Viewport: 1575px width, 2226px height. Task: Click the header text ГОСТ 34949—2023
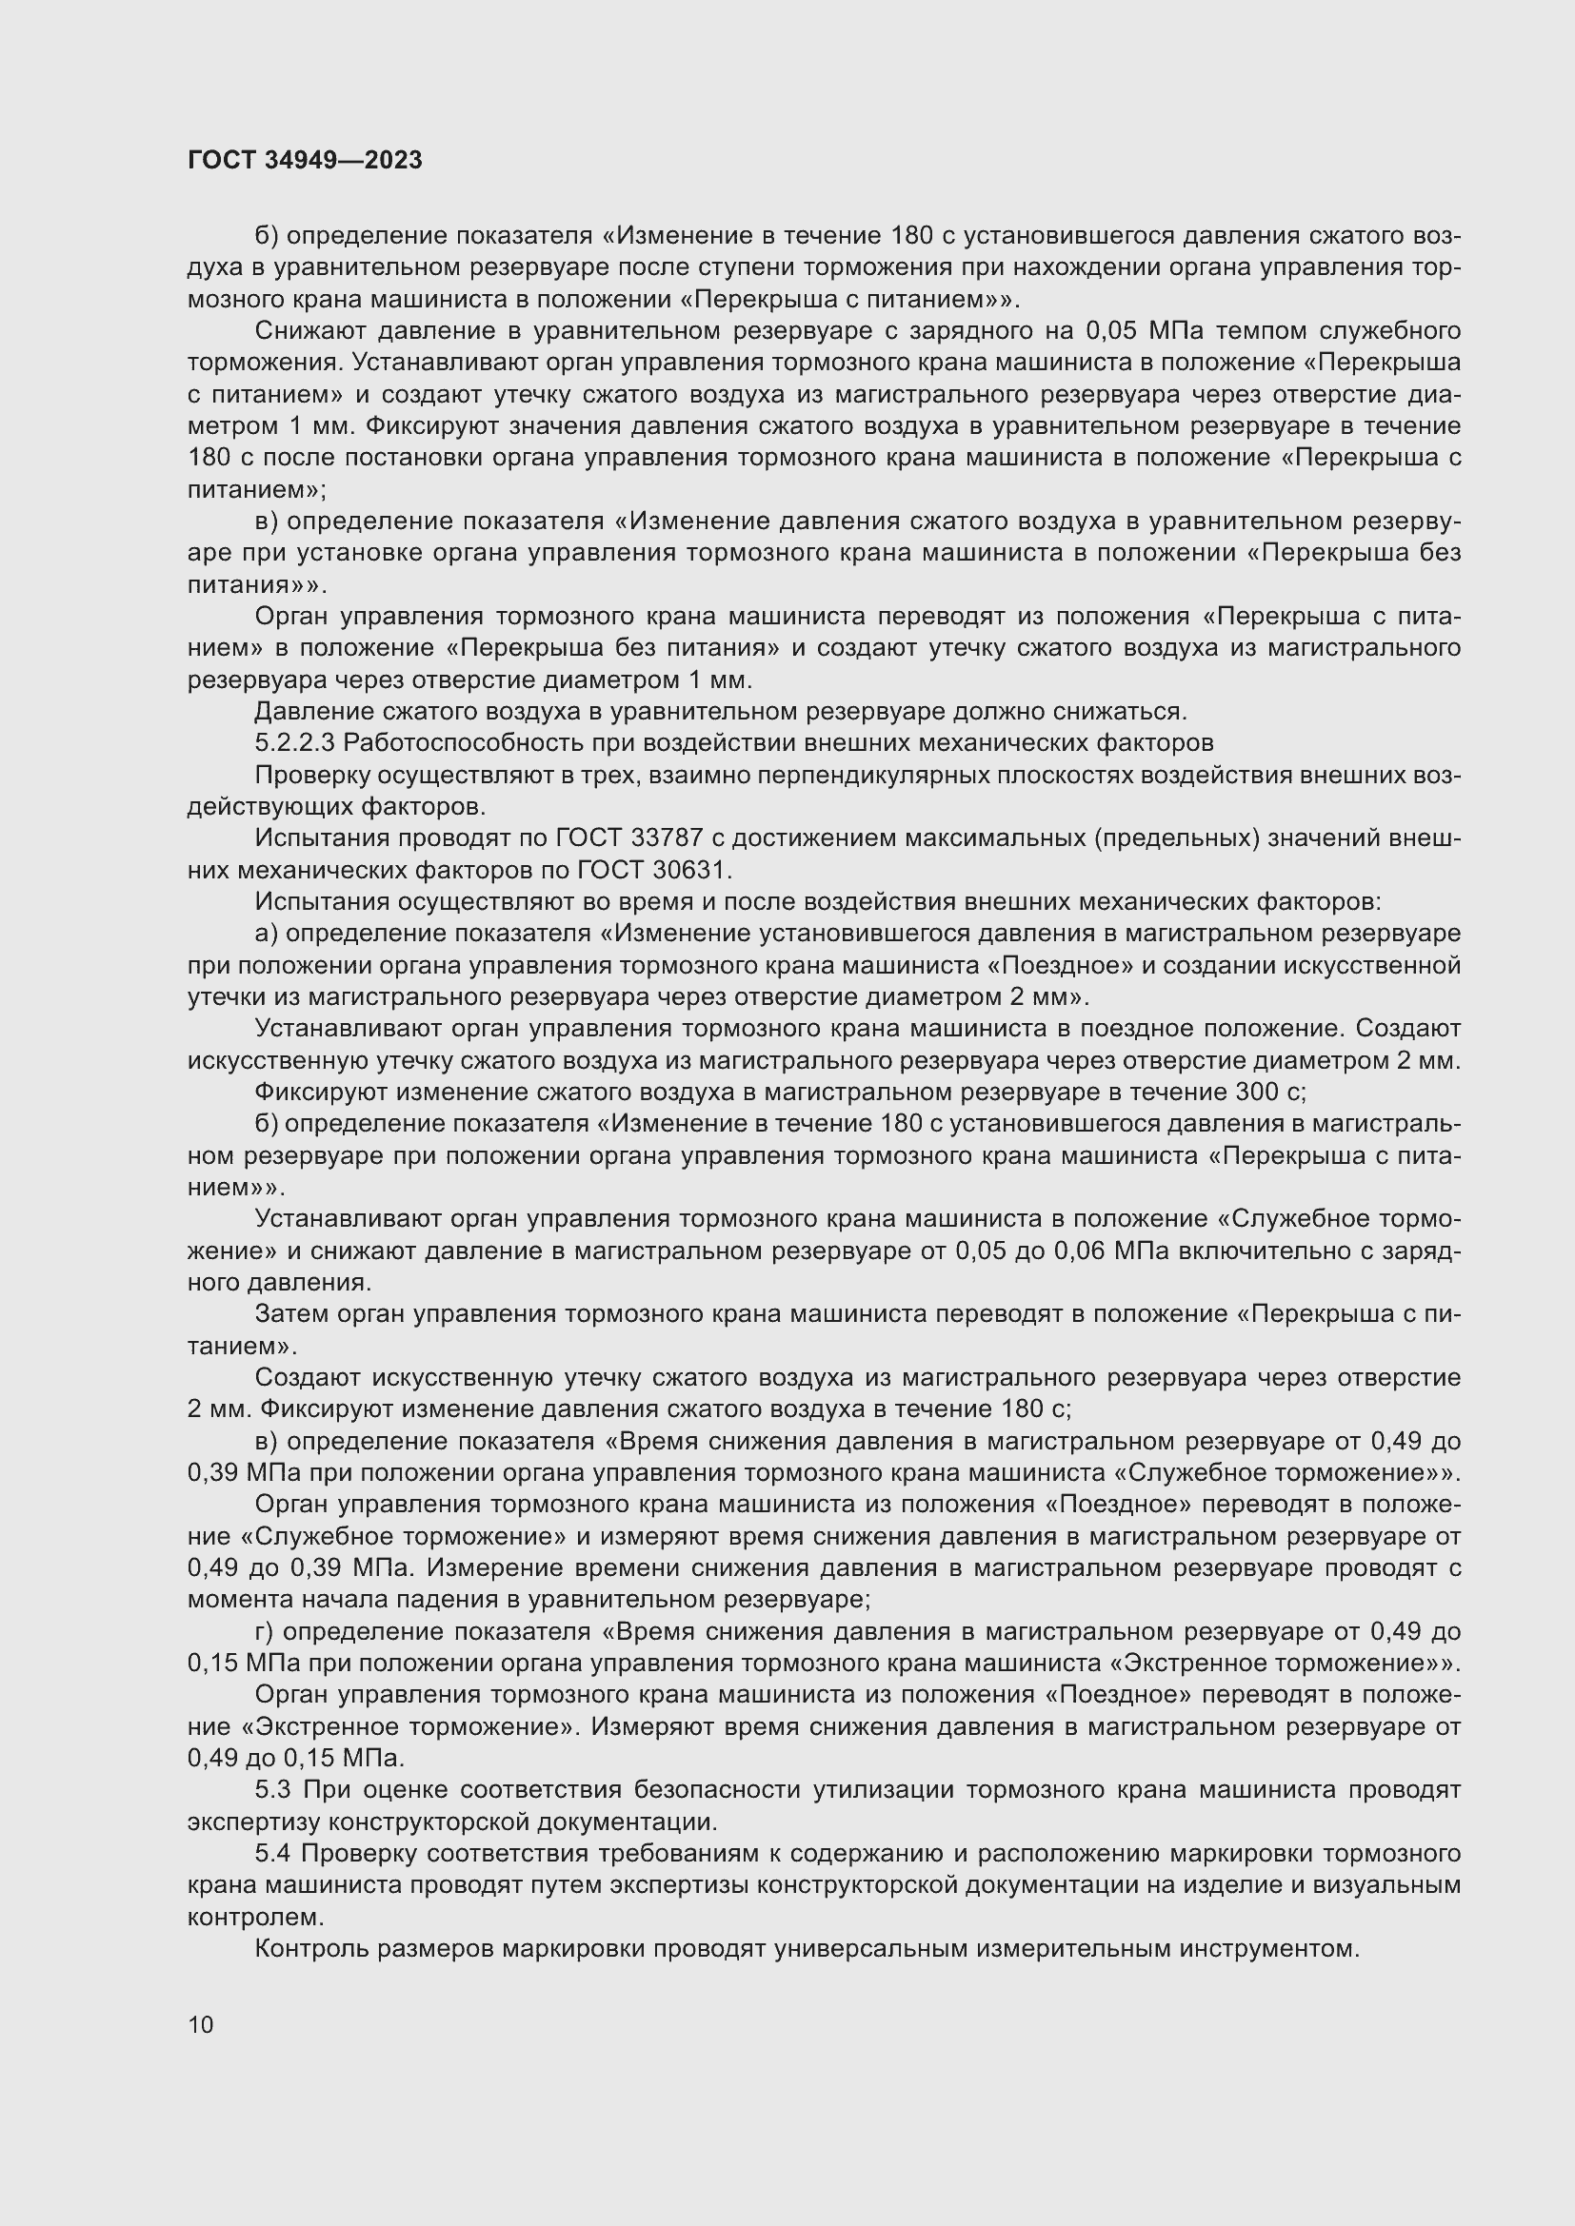305,161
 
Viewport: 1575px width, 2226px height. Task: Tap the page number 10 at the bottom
201,2024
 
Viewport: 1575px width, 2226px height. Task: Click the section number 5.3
274,1789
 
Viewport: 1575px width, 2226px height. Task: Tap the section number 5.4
274,1854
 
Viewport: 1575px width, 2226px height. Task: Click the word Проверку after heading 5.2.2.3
309,775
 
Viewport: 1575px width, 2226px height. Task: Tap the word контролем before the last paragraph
254,1917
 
